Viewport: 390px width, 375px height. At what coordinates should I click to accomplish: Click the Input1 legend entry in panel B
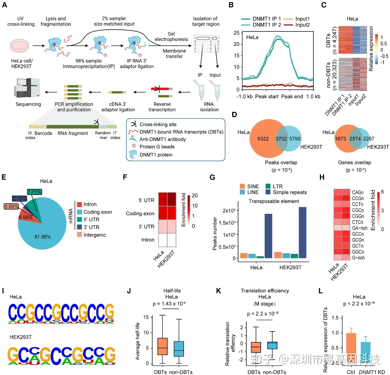(x=302, y=19)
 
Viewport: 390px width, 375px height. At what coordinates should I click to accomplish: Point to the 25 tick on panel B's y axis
(x=236, y=33)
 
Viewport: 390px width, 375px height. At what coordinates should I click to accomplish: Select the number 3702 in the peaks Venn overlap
(x=281, y=139)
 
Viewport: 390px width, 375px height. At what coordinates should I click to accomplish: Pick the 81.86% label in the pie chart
(x=42, y=237)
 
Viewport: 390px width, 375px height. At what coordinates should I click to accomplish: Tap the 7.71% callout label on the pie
(x=34, y=192)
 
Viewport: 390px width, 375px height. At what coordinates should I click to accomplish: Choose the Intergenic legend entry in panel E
(x=94, y=235)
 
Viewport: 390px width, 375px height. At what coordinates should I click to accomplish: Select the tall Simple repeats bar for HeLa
(x=268, y=236)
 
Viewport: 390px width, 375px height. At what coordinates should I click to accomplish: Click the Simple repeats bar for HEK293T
(x=302, y=232)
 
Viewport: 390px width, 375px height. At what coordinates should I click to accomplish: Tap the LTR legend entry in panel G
(x=277, y=186)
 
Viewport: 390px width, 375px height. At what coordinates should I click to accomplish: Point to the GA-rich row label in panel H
(x=360, y=228)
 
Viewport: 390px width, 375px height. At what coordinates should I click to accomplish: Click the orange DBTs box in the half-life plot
(x=162, y=346)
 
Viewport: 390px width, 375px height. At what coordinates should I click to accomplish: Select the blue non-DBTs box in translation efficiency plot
(x=272, y=345)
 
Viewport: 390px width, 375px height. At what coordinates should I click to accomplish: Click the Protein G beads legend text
(x=157, y=147)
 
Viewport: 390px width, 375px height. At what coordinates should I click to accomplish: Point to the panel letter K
(x=219, y=291)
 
